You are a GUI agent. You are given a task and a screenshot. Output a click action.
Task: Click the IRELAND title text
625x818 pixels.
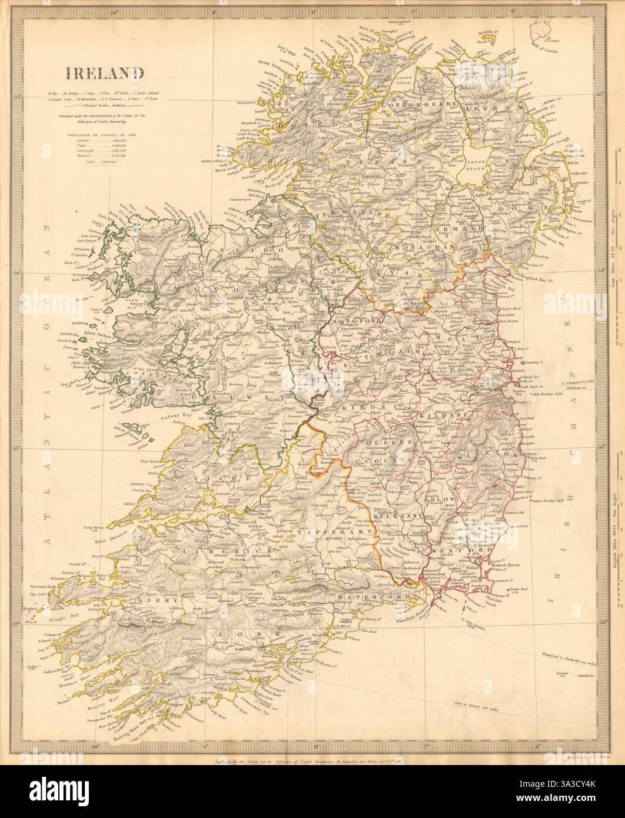click(105, 74)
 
